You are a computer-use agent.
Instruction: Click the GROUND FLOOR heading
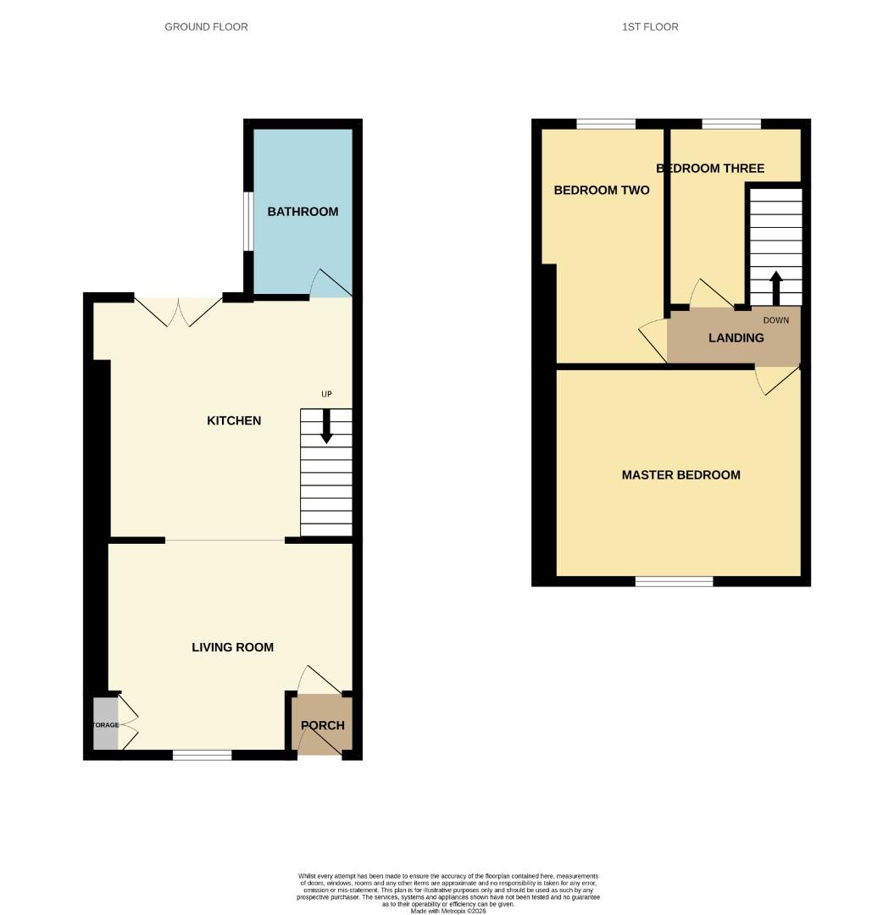tap(206, 27)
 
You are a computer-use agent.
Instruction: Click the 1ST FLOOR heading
tap(650, 27)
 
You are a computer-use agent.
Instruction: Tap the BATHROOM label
tap(303, 212)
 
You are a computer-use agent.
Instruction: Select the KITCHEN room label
tap(234, 421)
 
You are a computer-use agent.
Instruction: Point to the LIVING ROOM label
tap(232, 647)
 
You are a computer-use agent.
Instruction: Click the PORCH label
tap(323, 725)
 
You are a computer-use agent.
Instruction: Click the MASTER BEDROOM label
tap(680, 475)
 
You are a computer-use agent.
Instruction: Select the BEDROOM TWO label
tap(602, 191)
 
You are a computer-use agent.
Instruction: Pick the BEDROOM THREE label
tap(710, 169)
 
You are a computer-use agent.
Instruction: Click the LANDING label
tap(736, 338)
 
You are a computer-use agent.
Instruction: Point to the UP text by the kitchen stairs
tap(326, 394)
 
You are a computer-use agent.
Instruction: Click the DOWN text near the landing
tap(775, 320)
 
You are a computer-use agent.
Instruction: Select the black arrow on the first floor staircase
tap(775, 287)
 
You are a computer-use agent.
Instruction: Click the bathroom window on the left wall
tap(247, 222)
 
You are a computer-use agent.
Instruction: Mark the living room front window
tap(202, 754)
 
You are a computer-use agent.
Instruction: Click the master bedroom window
tap(675, 581)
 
